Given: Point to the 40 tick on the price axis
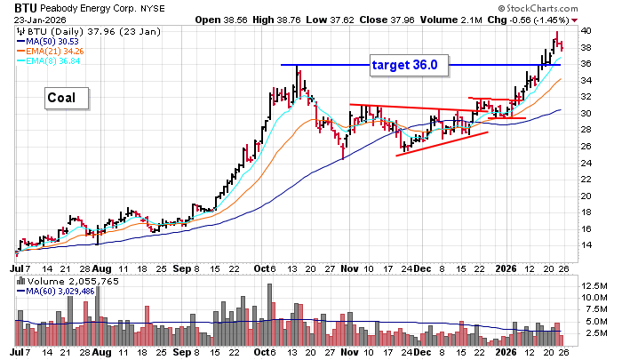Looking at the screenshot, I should [x=586, y=30].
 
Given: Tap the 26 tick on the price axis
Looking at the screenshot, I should [x=586, y=146].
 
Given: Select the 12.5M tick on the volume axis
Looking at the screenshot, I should [x=592, y=284].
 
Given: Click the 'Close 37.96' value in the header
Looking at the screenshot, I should [x=404, y=20].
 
